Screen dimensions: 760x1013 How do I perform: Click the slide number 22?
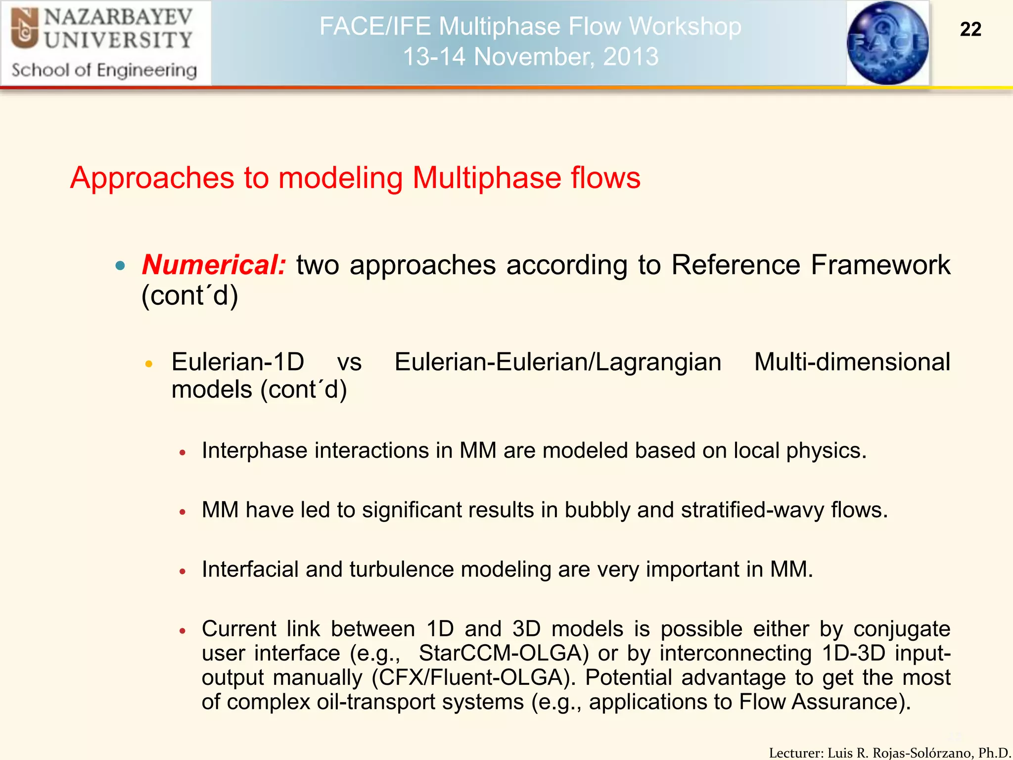pyautogui.click(x=970, y=30)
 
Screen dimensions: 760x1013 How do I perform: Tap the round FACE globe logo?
pyautogui.click(x=888, y=43)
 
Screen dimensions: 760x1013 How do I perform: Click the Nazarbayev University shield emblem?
pyautogui.click(x=25, y=29)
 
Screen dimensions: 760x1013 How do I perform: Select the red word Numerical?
pyautogui.click(x=214, y=265)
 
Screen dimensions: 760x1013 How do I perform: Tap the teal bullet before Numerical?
pyautogui.click(x=120, y=266)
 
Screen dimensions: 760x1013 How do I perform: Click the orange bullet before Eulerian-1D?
pyautogui.click(x=149, y=364)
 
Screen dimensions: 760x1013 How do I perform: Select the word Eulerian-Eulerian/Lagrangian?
pyautogui.click(x=557, y=362)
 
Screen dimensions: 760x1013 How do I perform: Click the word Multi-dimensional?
pyautogui.click(x=852, y=362)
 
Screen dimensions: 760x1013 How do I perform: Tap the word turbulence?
pyautogui.click(x=401, y=570)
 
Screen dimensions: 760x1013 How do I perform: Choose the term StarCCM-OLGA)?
pyautogui.click(x=504, y=653)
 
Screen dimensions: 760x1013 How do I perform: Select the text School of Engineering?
pyautogui.click(x=104, y=70)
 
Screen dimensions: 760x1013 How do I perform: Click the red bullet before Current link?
pyautogui.click(x=183, y=631)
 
